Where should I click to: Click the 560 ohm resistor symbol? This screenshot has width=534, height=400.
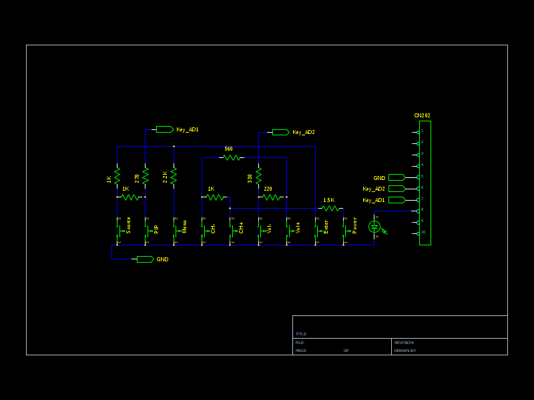231,157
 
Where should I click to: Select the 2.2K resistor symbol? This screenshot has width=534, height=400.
174,176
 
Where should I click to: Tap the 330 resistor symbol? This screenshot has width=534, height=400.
258,176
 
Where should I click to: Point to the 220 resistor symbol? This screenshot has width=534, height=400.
272,197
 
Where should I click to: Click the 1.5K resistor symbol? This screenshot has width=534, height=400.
330,208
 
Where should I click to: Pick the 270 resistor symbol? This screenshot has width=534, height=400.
146,176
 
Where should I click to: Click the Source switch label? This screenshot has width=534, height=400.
129,225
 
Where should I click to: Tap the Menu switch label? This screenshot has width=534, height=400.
185,227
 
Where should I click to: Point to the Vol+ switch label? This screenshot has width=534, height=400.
298,227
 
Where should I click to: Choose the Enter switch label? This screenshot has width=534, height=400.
326,227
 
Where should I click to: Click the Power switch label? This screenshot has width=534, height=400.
354,225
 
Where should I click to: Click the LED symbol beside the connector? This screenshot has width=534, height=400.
374,227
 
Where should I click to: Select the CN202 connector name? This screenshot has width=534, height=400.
422,115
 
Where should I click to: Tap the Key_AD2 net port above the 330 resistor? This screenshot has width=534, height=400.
280,132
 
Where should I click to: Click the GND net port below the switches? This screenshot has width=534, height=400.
145,259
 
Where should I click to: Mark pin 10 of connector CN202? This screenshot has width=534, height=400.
419,233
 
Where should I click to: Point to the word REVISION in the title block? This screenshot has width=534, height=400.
405,343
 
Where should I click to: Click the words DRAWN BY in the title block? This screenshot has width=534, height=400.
405,351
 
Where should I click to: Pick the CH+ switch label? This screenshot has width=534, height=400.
242,227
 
